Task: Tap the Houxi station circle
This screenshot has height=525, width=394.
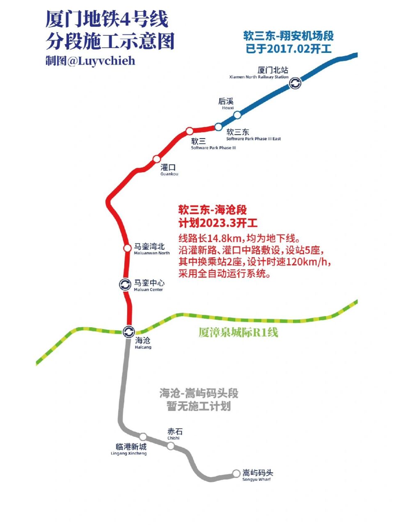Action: [x=237, y=115]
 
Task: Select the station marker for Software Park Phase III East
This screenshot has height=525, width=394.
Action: [x=218, y=127]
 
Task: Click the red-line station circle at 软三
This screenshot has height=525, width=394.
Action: [x=189, y=131]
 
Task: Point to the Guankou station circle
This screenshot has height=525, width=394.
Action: [x=156, y=159]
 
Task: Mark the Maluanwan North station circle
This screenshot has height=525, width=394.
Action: [x=127, y=248]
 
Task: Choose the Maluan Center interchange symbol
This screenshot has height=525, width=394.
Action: [x=125, y=284]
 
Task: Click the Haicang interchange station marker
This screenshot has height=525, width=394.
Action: [x=129, y=331]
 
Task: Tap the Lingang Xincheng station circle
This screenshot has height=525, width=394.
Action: [x=143, y=437]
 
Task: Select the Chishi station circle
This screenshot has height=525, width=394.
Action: [x=170, y=446]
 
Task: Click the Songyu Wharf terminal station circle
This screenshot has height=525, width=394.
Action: [x=236, y=473]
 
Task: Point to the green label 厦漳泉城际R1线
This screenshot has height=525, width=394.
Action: [x=238, y=332]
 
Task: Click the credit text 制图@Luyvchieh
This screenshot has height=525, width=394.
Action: [x=90, y=61]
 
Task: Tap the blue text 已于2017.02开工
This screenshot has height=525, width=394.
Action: [x=289, y=49]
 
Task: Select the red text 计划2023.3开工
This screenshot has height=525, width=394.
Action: [x=218, y=223]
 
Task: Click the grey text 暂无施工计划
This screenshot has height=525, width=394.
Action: [x=199, y=406]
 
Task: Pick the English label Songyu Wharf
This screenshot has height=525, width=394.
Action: [x=257, y=479]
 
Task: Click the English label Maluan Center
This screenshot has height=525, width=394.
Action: [x=148, y=290]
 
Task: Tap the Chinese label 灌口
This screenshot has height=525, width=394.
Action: [x=168, y=167]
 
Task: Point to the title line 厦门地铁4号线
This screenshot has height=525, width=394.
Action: [x=108, y=20]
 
